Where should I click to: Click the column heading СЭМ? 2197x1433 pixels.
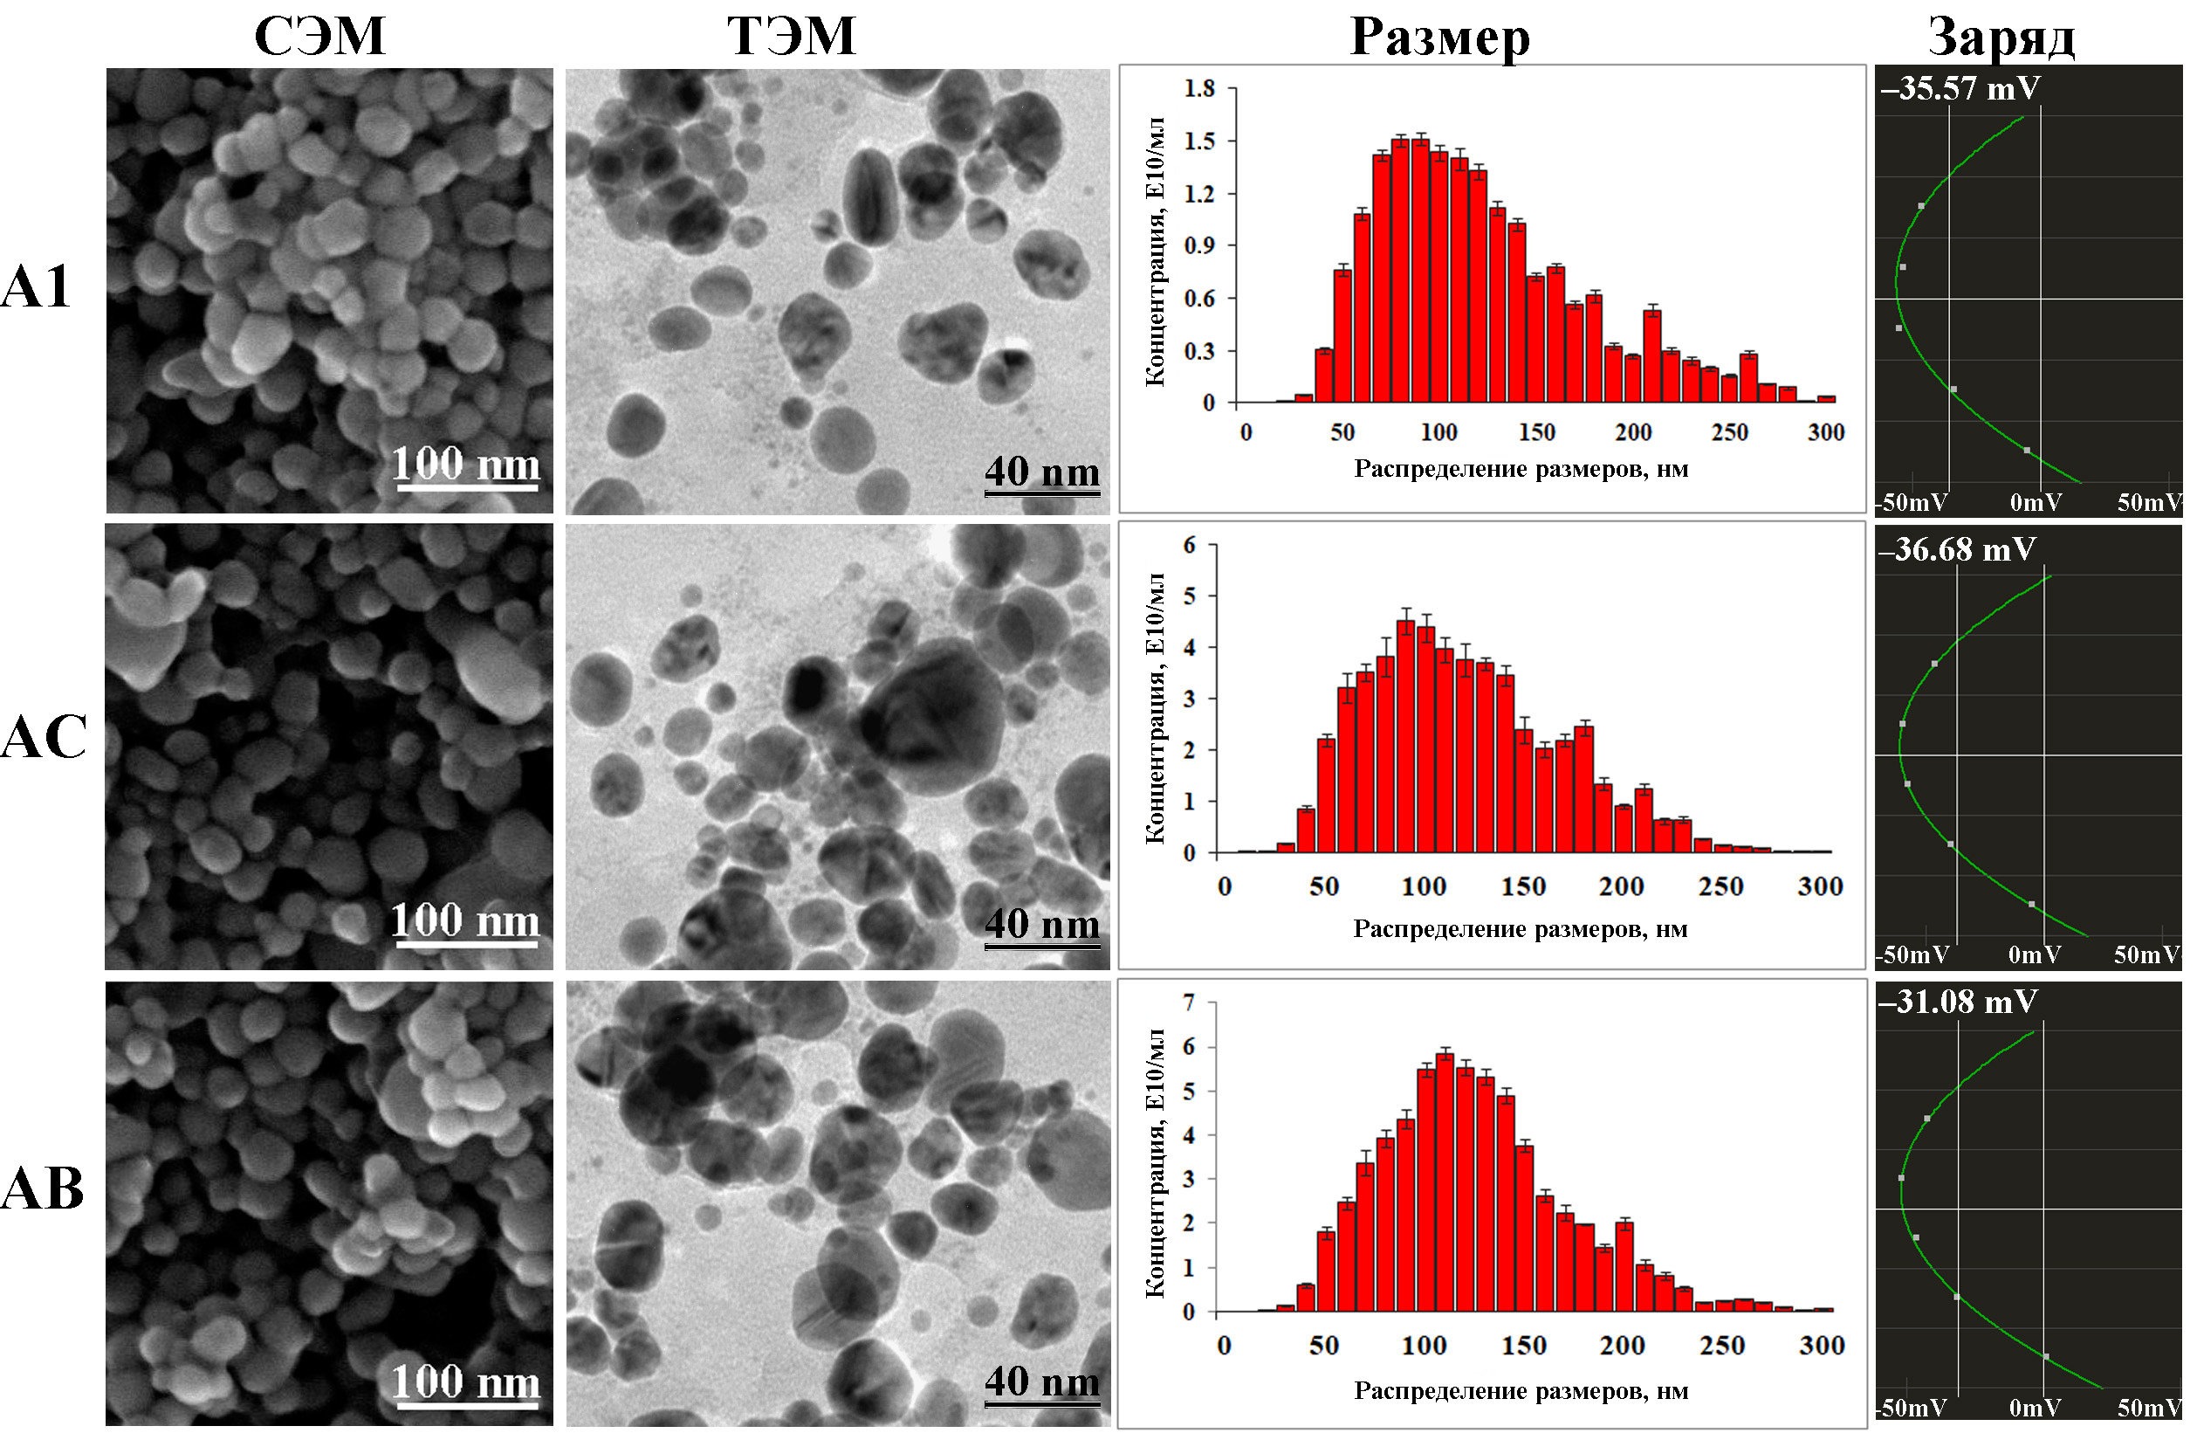pos(319,36)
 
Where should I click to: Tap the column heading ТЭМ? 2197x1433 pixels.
pos(791,36)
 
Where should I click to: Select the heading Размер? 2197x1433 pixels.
pos(1439,37)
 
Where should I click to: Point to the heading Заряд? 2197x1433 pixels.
pos(2001,38)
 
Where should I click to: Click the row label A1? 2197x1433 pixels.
pos(36,286)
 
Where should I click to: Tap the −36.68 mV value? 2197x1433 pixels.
pos(1956,549)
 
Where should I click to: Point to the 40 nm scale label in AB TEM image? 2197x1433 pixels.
pos(1042,1381)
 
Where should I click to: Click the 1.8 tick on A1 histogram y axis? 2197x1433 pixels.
pos(1199,89)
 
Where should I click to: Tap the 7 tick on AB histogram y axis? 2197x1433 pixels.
pos(1189,1002)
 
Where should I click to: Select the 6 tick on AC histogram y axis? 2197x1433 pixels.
pos(1190,545)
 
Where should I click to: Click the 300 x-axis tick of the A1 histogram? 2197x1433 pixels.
pos(1825,432)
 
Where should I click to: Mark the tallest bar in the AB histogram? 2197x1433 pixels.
pos(1445,1182)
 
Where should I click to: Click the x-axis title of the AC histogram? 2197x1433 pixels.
pos(1520,928)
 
